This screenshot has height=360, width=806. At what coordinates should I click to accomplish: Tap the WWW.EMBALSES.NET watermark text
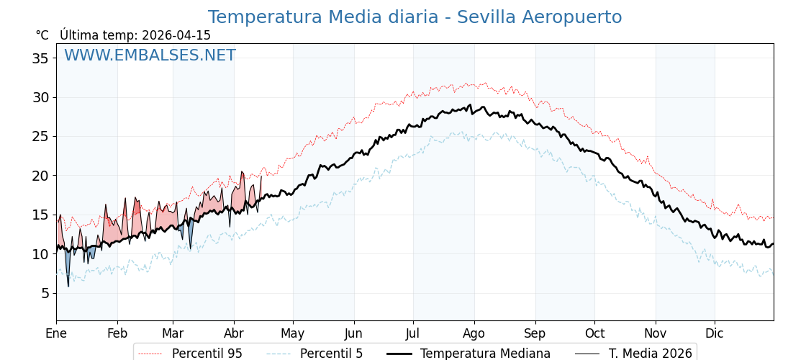pos(150,55)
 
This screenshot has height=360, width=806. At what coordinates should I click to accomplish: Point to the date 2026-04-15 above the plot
pos(176,35)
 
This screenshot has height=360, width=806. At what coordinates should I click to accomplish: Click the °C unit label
pos(42,35)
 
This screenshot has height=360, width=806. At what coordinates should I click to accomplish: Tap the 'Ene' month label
pos(56,333)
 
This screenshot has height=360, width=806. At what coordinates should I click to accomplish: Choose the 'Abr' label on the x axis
pos(234,333)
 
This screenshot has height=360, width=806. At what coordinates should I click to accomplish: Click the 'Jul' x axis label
pos(413,333)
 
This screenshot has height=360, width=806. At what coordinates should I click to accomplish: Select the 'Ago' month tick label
pos(474,333)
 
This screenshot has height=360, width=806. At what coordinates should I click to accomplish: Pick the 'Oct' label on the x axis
pos(594,333)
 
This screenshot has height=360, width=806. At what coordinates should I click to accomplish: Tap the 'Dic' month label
pos(715,333)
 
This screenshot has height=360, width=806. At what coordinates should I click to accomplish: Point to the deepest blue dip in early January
pos(68,285)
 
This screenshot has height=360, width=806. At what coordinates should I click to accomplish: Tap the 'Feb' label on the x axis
pos(117,333)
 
